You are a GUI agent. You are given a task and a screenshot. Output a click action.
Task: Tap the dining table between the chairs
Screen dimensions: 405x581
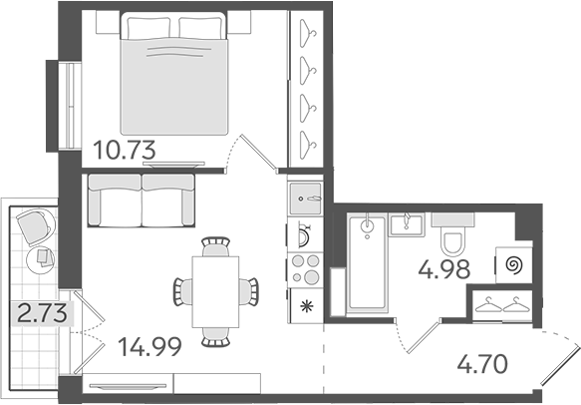click(216, 290)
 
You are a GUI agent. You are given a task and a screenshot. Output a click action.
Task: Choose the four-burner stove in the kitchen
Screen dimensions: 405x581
click(304, 270)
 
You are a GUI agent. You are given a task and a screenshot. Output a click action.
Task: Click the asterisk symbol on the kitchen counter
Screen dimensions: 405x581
click(304, 306)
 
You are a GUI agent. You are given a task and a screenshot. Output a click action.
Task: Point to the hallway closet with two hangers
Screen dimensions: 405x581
click(501, 305)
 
